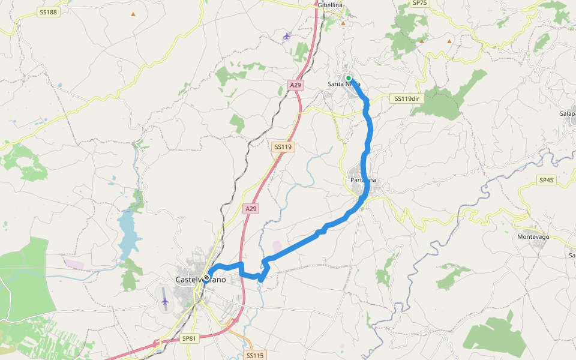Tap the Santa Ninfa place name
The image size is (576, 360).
click(344, 84)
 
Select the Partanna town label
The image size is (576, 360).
click(362, 180)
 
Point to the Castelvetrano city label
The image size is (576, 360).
click(200, 280)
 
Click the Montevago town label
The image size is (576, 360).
click(533, 237)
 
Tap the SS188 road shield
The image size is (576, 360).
click(48, 12)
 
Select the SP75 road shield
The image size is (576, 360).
click(420, 3)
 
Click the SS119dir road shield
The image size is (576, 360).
click(406, 98)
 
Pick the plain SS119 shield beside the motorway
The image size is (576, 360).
click(282, 146)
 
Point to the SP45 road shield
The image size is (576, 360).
click(547, 179)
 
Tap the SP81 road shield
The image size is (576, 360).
click(189, 339)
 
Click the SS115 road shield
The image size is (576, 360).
click(254, 355)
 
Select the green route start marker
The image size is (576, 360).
click(348, 78)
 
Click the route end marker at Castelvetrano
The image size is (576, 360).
click(206, 278)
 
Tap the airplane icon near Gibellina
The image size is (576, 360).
click(287, 36)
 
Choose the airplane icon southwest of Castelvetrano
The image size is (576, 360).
click(165, 301)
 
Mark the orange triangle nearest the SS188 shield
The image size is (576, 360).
click(133, 14)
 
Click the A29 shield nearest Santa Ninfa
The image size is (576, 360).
click(295, 85)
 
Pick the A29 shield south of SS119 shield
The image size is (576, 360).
click(251, 209)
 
